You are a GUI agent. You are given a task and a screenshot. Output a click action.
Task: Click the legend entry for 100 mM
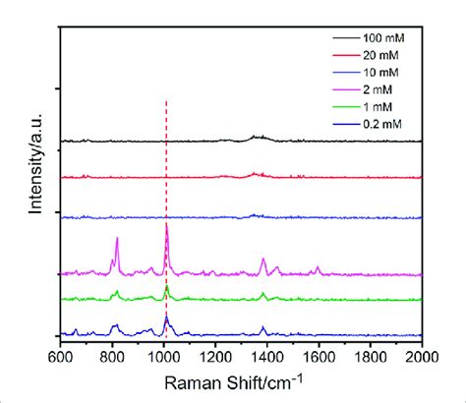(x=383, y=36)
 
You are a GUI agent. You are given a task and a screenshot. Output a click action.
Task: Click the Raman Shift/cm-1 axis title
(x=241, y=381)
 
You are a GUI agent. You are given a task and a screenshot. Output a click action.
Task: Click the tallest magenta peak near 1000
(x=166, y=225)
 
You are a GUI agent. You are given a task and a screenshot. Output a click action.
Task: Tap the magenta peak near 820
(x=117, y=238)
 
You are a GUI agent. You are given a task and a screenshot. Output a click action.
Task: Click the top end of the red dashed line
(x=165, y=100)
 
